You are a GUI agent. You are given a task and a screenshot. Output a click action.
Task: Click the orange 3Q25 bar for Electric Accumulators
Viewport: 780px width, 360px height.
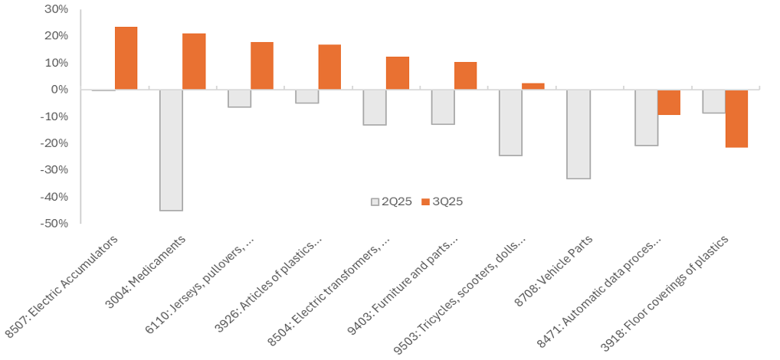point(126,58)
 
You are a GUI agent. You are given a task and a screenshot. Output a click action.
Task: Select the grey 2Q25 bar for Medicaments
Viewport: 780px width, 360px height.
point(171,149)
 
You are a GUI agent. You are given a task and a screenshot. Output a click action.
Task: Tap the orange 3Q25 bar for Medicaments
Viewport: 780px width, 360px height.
point(194,61)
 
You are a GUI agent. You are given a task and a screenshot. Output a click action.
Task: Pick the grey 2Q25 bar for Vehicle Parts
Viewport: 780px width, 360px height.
point(578,134)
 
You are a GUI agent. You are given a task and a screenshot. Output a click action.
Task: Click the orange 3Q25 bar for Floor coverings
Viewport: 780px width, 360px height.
point(736,118)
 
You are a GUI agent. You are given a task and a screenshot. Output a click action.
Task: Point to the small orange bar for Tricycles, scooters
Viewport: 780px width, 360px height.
point(533,86)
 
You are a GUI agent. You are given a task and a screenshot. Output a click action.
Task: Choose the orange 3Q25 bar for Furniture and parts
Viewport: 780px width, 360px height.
point(465,76)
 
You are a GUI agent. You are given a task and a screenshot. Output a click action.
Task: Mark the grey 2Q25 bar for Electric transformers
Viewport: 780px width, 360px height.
point(375,107)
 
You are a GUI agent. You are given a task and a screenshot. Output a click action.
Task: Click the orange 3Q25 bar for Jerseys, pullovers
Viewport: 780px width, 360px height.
point(262,66)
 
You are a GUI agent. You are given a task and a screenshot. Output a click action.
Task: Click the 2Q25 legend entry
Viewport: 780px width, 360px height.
point(392,201)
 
